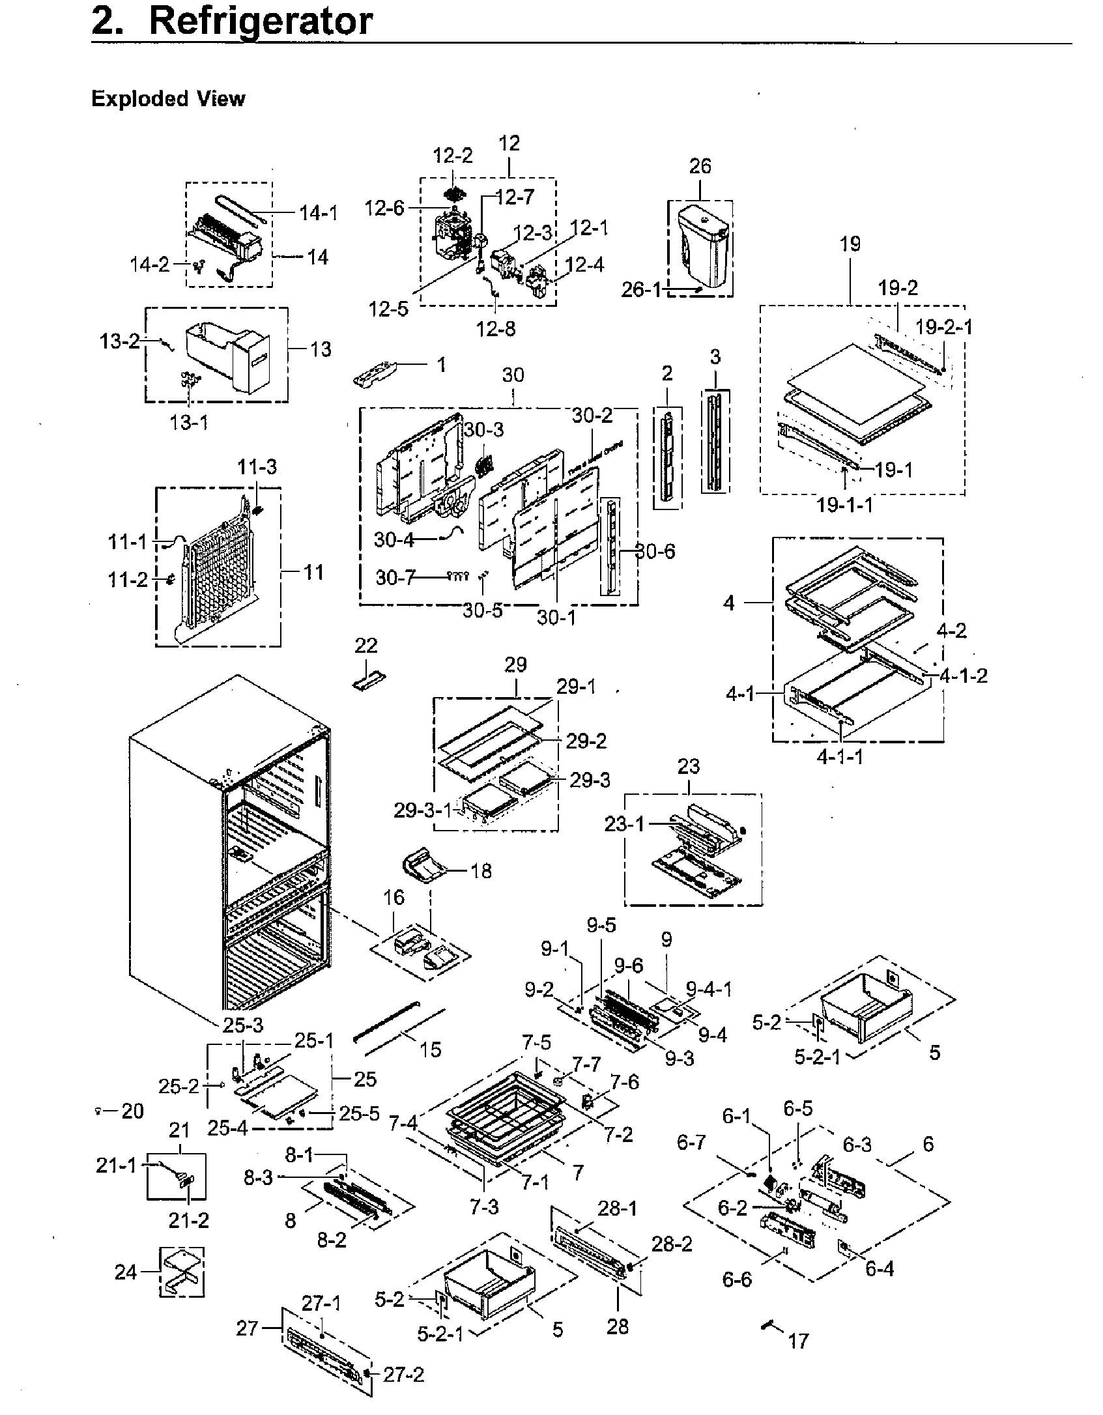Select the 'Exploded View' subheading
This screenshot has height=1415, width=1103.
[x=168, y=99]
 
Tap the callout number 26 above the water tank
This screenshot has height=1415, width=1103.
[x=700, y=166]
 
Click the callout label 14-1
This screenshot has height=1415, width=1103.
[x=319, y=213]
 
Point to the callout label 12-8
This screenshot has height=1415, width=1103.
[x=495, y=328]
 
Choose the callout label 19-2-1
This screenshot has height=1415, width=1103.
[x=943, y=326]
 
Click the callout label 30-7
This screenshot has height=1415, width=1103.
[x=395, y=577]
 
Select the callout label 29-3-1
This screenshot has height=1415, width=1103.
[x=422, y=810]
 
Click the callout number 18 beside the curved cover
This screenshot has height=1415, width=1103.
[x=481, y=871]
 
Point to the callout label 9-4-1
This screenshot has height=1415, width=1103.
[x=709, y=990]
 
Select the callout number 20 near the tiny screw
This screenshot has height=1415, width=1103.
[x=132, y=1111]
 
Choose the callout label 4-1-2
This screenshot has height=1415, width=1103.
[x=964, y=676]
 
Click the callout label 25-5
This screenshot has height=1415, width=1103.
[x=359, y=1113]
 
